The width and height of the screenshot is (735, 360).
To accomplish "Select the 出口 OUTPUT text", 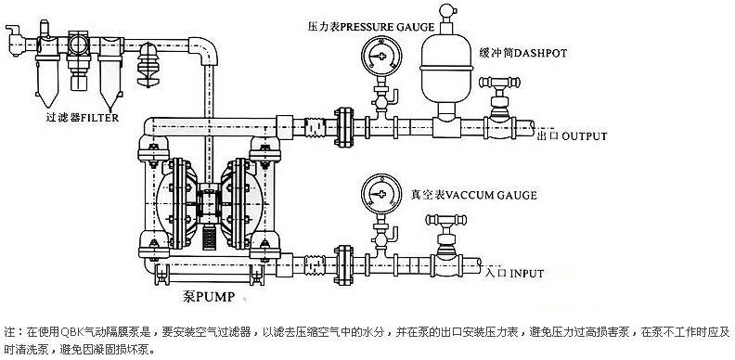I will point(571,136).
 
